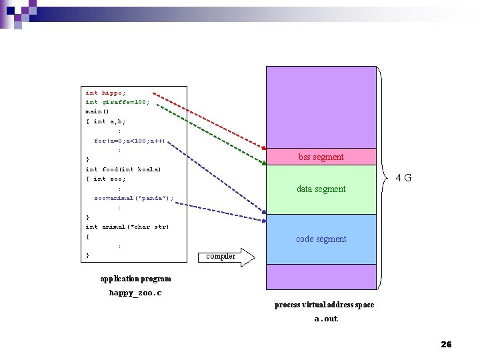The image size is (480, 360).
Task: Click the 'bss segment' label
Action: click(x=321, y=157)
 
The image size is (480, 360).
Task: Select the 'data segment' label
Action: click(x=321, y=189)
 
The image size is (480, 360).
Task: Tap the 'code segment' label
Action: click(x=321, y=239)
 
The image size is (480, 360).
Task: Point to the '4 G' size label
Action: click(x=403, y=178)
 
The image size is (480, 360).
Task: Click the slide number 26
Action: click(x=446, y=344)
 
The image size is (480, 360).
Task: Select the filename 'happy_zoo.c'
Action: click(x=135, y=293)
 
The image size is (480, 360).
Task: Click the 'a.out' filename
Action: click(x=326, y=319)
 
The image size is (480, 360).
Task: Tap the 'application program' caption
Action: click(x=135, y=279)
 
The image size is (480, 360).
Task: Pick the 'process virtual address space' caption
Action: click(x=324, y=305)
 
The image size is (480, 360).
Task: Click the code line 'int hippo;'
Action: click(x=105, y=93)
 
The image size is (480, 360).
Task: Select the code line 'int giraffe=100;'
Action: click(x=117, y=102)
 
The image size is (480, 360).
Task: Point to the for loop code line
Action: click(x=129, y=141)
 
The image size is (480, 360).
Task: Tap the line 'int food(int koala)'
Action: click(x=123, y=169)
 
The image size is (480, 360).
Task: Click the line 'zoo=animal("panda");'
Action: click(x=133, y=198)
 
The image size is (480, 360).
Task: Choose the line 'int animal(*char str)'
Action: click(x=127, y=227)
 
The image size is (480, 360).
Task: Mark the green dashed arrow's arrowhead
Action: click(x=263, y=161)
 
